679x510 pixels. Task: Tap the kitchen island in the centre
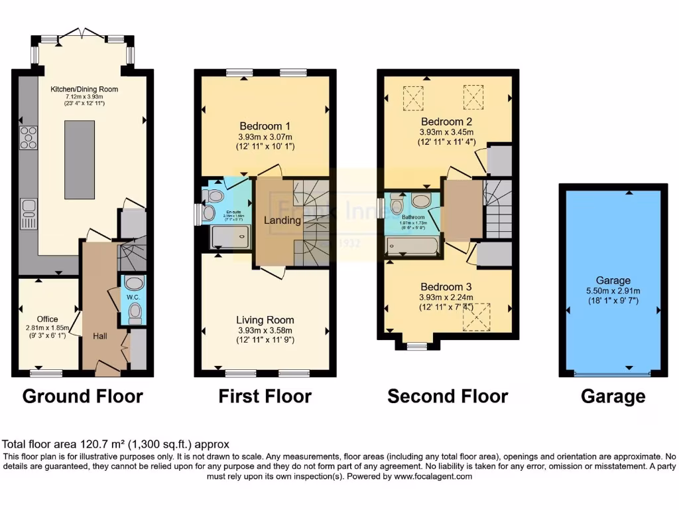coord(79,155)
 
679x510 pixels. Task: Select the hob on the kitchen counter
coord(29,137)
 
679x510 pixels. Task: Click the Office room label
coord(47,319)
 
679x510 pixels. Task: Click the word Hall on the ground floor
coord(100,337)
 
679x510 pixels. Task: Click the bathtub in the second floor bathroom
coord(412,247)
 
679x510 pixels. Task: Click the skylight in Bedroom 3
coord(476,317)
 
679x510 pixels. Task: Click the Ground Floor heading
coord(83,396)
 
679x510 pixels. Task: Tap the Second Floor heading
coord(448,396)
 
